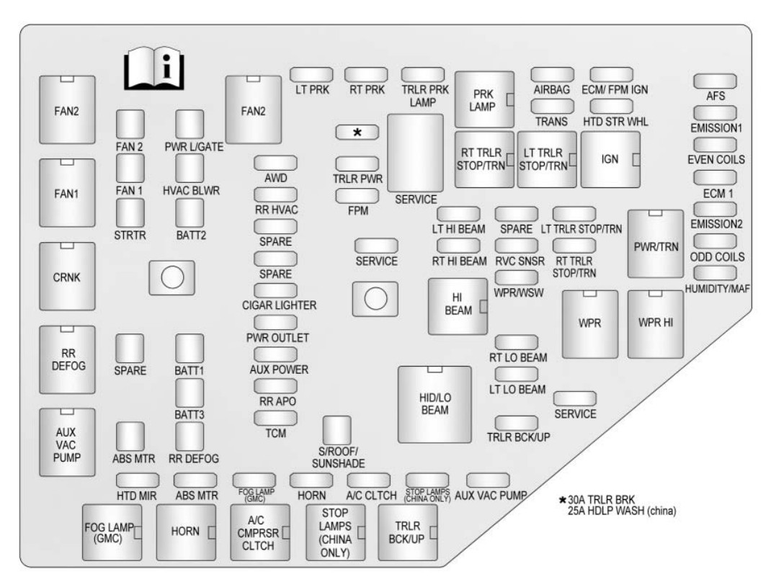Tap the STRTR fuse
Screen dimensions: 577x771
coord(130,213)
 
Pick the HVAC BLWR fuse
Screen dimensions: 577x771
coord(190,168)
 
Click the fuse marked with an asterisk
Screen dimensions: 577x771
coord(357,132)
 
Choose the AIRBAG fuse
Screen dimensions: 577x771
coord(552,74)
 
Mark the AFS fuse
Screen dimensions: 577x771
coord(715,81)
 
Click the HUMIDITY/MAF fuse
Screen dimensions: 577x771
coord(715,273)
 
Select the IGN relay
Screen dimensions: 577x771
coord(610,159)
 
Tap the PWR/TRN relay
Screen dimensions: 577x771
coord(655,243)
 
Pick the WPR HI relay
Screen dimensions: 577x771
coord(655,323)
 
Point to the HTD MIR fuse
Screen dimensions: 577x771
coord(137,480)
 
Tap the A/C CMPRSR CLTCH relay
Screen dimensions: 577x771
coord(259,532)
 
